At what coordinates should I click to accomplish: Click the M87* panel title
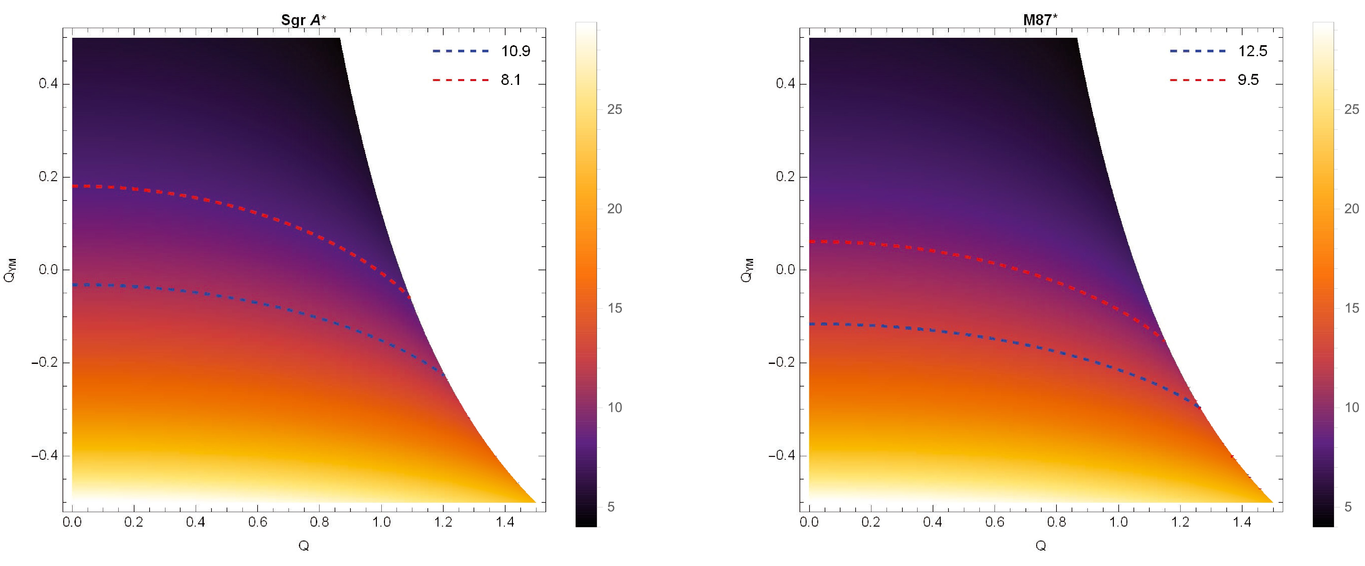point(1040,20)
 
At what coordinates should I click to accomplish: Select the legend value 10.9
point(516,51)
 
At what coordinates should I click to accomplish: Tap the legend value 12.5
point(1252,51)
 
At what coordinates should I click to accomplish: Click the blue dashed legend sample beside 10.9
point(460,51)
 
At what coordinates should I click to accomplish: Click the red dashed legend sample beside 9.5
point(1198,79)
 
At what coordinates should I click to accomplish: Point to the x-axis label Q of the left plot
point(304,545)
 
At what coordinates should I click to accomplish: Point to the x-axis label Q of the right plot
point(1041,545)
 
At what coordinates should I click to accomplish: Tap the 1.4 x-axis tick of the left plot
point(505,522)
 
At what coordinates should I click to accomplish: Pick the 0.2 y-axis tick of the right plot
point(785,177)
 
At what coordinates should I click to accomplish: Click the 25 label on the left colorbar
point(614,109)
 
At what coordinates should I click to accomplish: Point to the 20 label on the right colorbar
point(1351,209)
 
